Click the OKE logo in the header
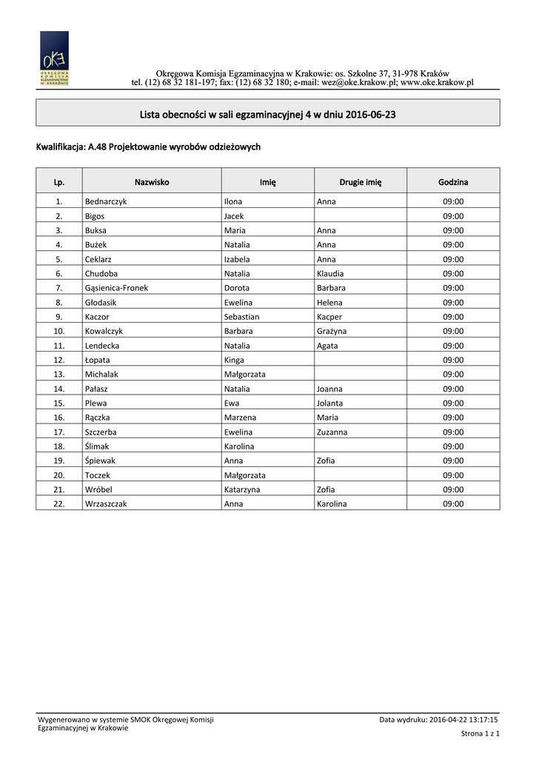[54, 59]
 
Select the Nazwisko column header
[152, 181]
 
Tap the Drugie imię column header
[361, 181]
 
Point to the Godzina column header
[453, 181]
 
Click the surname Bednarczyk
[106, 201]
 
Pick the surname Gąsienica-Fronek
[116, 288]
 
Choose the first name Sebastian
[242, 317]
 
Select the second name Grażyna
[332, 331]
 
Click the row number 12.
[59, 360]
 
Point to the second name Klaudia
[330, 273]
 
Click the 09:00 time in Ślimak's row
[453, 446]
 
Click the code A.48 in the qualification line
[98, 147]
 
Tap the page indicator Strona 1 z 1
[480, 734]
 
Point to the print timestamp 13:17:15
[480, 719]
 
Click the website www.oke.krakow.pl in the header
[437, 83]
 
